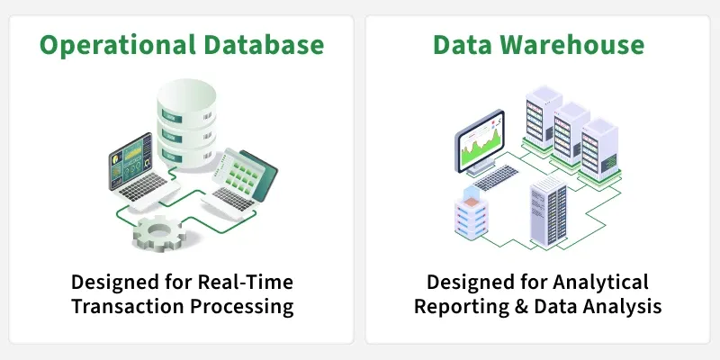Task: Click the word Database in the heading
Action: (264, 44)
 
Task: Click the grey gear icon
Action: (159, 232)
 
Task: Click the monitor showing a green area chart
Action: (480, 142)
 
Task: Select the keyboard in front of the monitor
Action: (496, 177)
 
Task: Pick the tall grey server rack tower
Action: (549, 211)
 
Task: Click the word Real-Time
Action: (245, 282)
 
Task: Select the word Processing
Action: (242, 307)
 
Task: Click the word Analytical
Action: (600, 283)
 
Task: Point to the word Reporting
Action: (462, 307)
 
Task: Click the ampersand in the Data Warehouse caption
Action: (522, 306)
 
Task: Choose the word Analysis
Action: (625, 307)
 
